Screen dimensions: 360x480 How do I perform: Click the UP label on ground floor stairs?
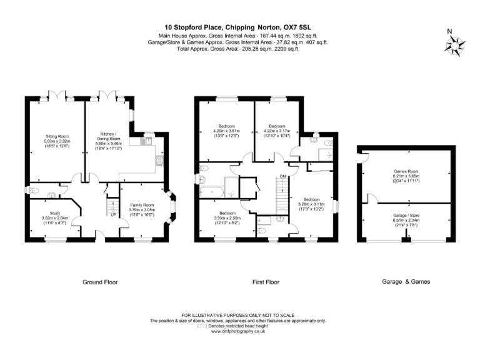click(x=113, y=215)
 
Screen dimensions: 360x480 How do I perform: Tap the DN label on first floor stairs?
click(x=282, y=176)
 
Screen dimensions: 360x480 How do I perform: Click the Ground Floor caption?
click(x=100, y=282)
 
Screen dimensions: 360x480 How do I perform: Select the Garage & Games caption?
click(x=406, y=282)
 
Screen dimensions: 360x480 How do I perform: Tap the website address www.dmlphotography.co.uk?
click(x=237, y=331)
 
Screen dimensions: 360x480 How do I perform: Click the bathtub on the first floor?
click(x=216, y=187)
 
